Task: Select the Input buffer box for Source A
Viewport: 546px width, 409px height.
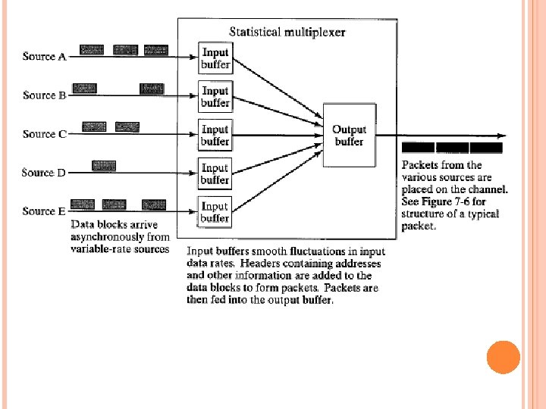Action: [215, 58]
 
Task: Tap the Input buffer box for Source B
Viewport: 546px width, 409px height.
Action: [215, 97]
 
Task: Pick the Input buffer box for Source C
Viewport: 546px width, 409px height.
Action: [215, 136]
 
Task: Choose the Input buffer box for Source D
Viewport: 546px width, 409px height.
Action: [215, 174]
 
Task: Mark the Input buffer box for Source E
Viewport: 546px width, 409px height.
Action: [215, 212]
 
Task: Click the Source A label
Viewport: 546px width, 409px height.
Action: [45, 56]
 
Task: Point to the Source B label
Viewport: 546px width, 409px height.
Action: [45, 95]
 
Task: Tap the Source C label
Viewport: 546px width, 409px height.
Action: [45, 134]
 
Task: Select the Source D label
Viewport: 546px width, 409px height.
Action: [45, 173]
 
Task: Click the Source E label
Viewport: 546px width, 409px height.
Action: [45, 211]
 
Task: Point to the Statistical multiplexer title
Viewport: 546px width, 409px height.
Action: [287, 32]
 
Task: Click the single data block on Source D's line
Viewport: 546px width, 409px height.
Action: [104, 164]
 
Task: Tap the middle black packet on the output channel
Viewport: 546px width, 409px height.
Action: [453, 148]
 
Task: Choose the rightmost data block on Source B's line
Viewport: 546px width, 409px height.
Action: [152, 89]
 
